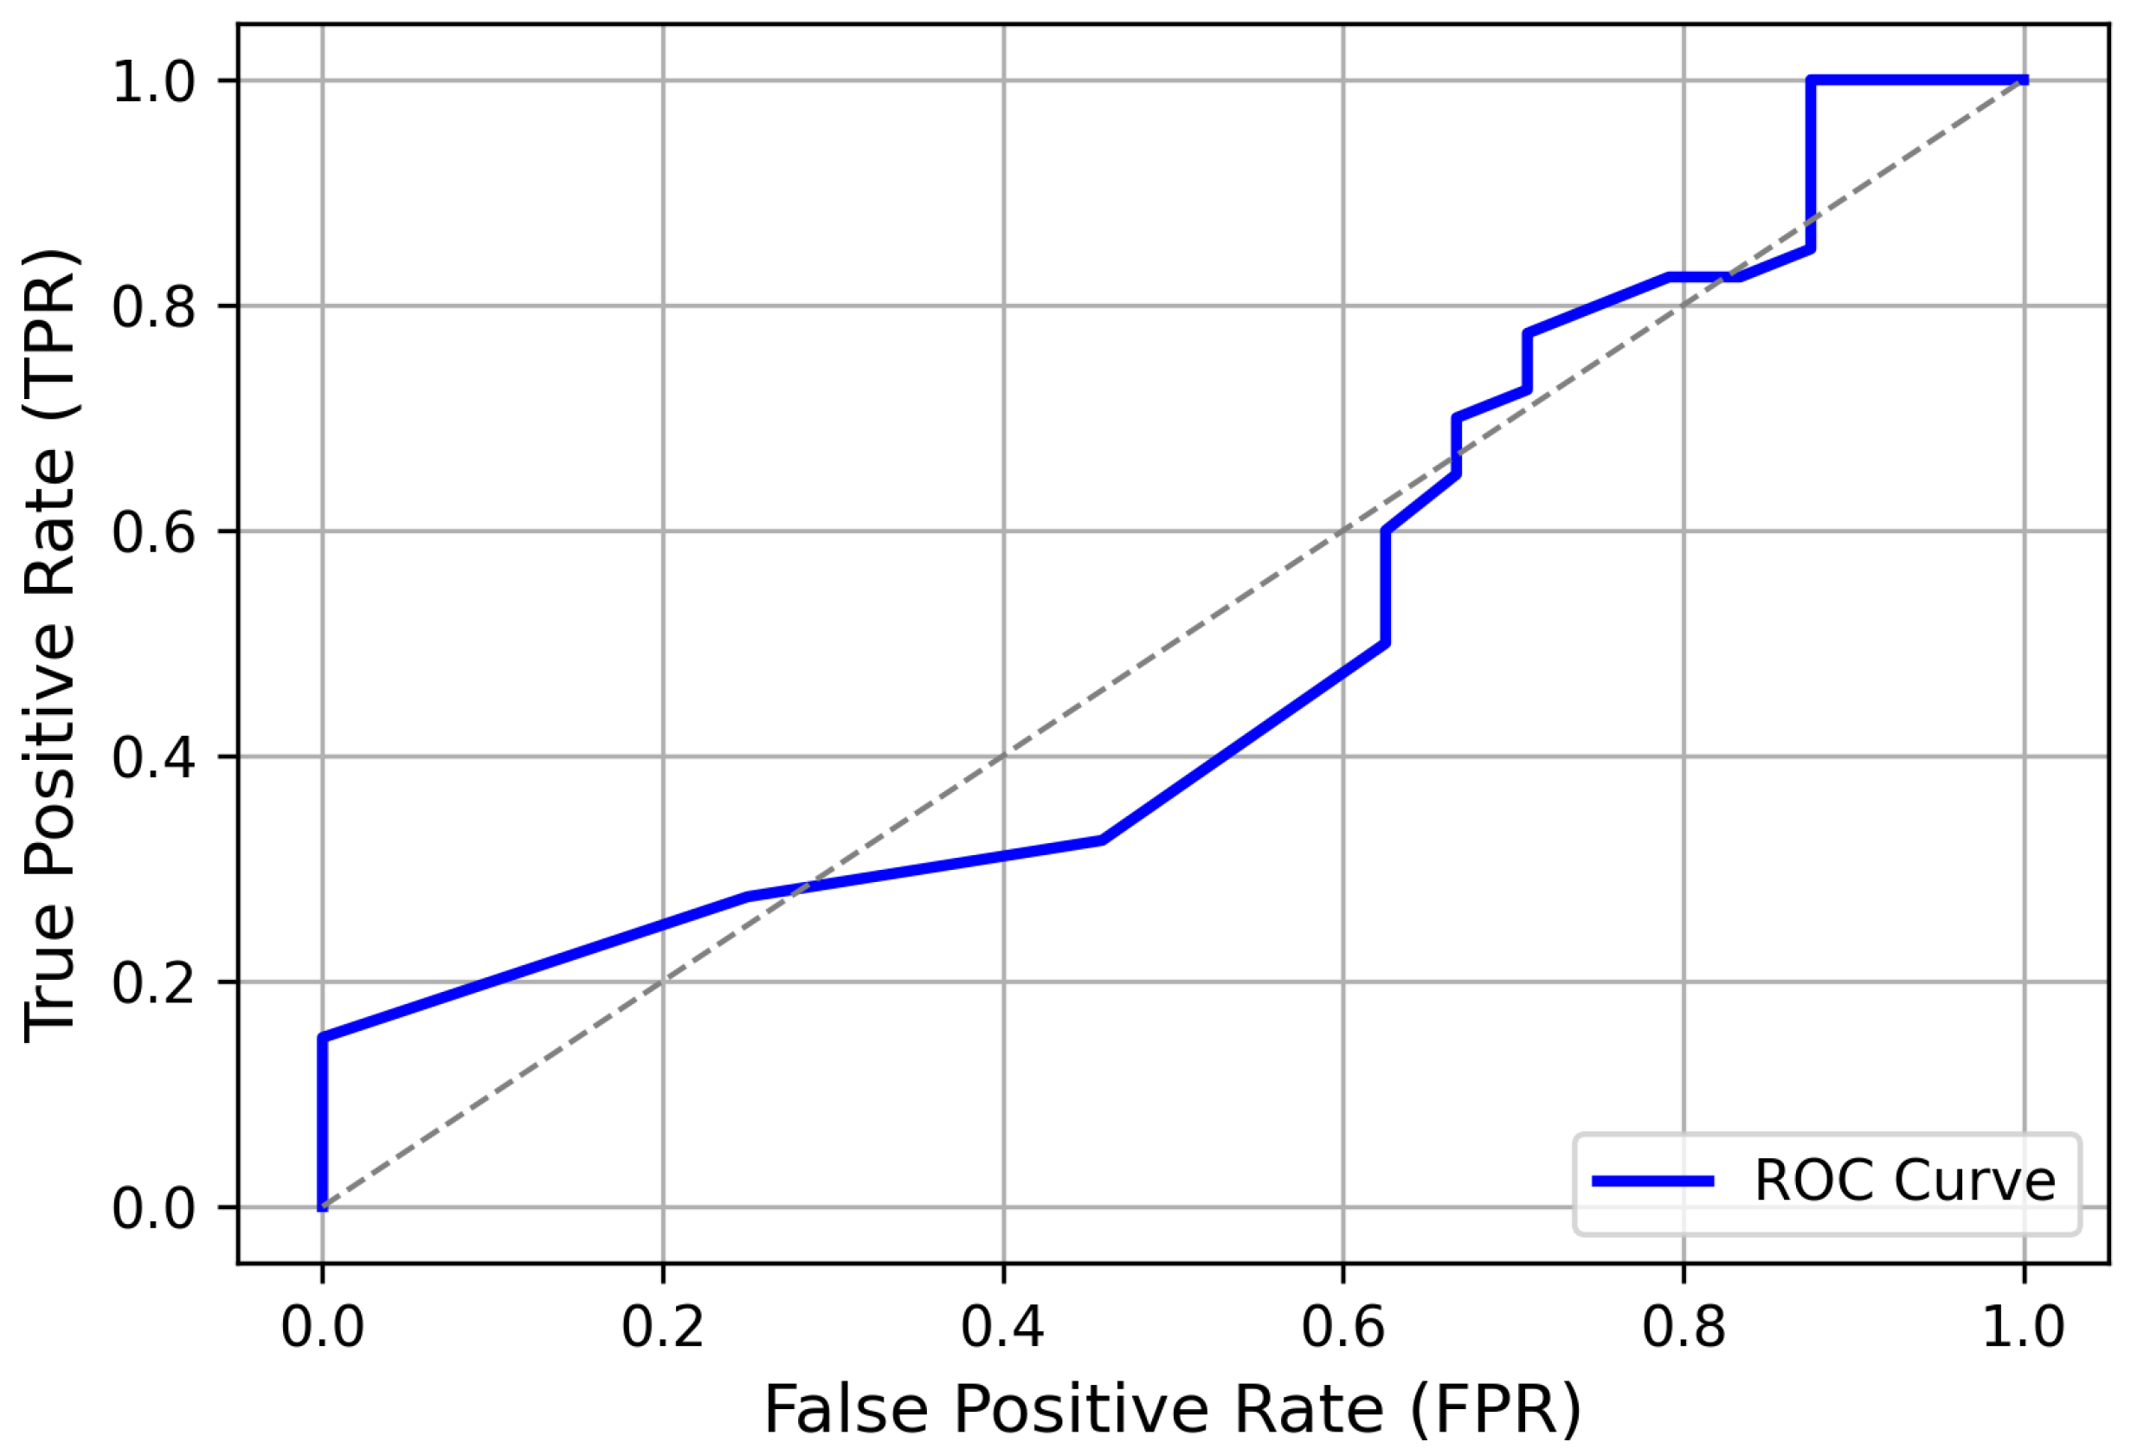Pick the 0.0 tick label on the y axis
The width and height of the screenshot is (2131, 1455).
pyautogui.click(x=154, y=1208)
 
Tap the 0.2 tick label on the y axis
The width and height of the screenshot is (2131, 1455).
pyautogui.click(x=154, y=982)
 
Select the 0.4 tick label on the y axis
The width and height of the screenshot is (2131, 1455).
pyautogui.click(x=154, y=757)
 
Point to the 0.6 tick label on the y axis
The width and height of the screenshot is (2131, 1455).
pyautogui.click(x=154, y=531)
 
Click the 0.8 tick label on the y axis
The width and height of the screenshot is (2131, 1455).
pyautogui.click(x=154, y=306)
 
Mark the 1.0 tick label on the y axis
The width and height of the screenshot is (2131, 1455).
pyautogui.click(x=154, y=81)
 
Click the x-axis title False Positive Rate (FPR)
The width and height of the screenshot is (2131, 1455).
pyautogui.click(x=1173, y=1410)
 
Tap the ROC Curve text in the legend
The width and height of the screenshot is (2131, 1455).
pyautogui.click(x=1904, y=1181)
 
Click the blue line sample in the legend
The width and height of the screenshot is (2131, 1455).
pyautogui.click(x=1652, y=1181)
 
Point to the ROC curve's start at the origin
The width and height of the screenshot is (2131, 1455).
pyautogui.click(x=322, y=1207)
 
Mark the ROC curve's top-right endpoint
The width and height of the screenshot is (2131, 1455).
pyautogui.click(x=2024, y=80)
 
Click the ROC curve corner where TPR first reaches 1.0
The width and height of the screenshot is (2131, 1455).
pyautogui.click(x=1811, y=80)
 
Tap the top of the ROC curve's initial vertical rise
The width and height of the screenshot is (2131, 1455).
pyautogui.click(x=322, y=1038)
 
